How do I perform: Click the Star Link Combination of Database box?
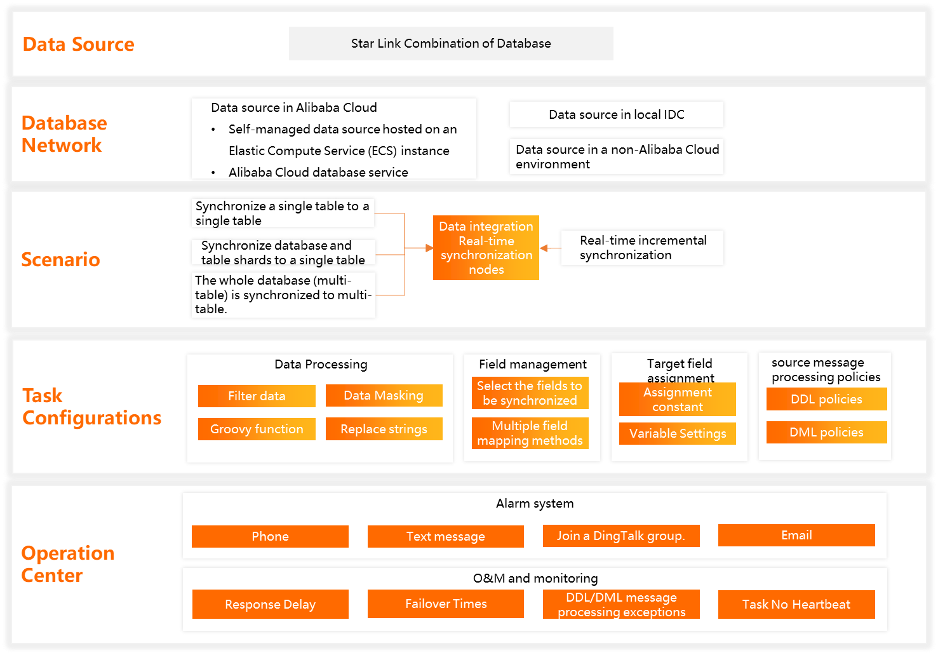(451, 44)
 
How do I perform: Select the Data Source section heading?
(78, 44)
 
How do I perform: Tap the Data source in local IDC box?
(616, 114)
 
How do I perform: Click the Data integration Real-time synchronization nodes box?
(486, 248)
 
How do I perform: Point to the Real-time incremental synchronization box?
(642, 248)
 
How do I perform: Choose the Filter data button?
(257, 396)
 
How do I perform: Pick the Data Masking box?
(384, 395)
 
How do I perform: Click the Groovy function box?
(257, 429)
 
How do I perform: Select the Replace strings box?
(384, 429)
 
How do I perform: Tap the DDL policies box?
(826, 399)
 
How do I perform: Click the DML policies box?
(826, 432)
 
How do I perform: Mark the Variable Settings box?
(677, 433)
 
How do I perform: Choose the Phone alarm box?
(270, 536)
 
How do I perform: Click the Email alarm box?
(796, 535)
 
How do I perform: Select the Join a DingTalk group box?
(621, 536)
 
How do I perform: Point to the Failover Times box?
(446, 604)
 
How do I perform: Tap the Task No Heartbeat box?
(796, 604)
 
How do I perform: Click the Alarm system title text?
(535, 503)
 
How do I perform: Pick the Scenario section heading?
(60, 259)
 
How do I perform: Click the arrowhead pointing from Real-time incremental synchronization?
(544, 248)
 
